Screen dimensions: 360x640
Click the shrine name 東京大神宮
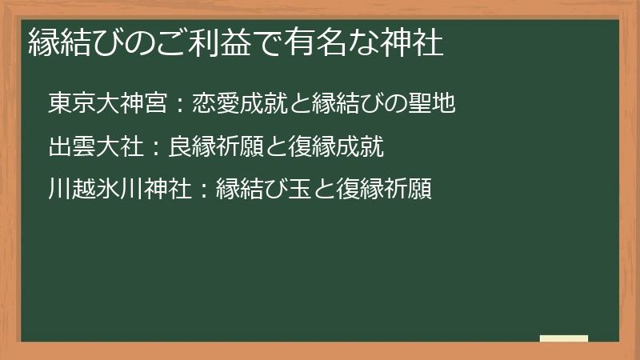(102, 104)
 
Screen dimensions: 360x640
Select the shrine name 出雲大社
(91, 147)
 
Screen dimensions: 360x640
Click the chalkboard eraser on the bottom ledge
(564, 338)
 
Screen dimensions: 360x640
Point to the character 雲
(80, 147)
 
